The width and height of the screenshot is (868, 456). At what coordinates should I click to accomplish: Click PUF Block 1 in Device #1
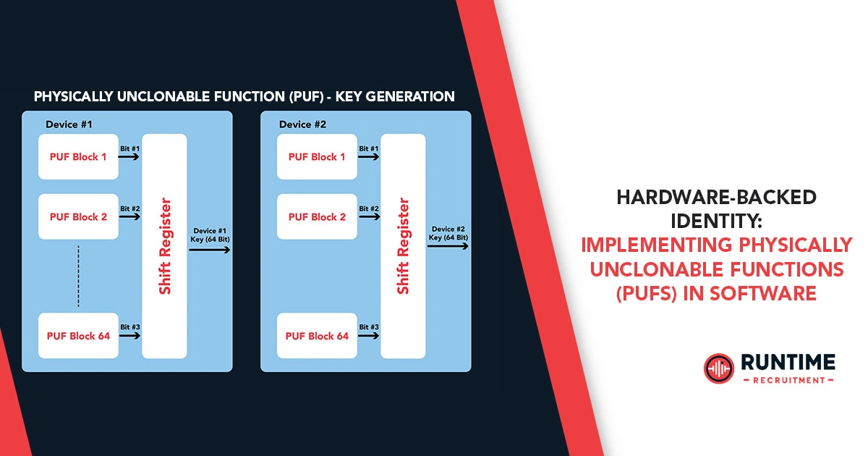[78, 156]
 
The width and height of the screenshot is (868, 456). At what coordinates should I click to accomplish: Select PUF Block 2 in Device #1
[78, 216]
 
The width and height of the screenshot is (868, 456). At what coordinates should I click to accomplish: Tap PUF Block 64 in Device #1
[78, 336]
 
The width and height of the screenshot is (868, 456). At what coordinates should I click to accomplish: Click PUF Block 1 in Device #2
[317, 156]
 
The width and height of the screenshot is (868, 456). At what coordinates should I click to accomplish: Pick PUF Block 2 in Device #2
[317, 216]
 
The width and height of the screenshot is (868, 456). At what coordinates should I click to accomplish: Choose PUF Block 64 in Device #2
[317, 336]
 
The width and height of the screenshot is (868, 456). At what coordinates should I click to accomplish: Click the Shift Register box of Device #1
[165, 246]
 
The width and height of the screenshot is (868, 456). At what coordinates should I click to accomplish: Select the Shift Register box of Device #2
[403, 246]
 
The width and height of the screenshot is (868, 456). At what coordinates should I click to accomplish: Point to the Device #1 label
[69, 124]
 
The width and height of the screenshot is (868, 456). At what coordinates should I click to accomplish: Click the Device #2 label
[302, 124]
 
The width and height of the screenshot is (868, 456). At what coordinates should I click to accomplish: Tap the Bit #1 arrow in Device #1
[130, 156]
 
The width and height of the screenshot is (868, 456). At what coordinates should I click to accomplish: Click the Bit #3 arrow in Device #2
[369, 336]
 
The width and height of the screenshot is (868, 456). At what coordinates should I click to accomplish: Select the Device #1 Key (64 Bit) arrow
[210, 249]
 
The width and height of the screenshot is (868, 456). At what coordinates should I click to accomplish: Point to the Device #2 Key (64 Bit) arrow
[448, 246]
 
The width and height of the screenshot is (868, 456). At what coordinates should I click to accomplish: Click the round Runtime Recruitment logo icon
[718, 368]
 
